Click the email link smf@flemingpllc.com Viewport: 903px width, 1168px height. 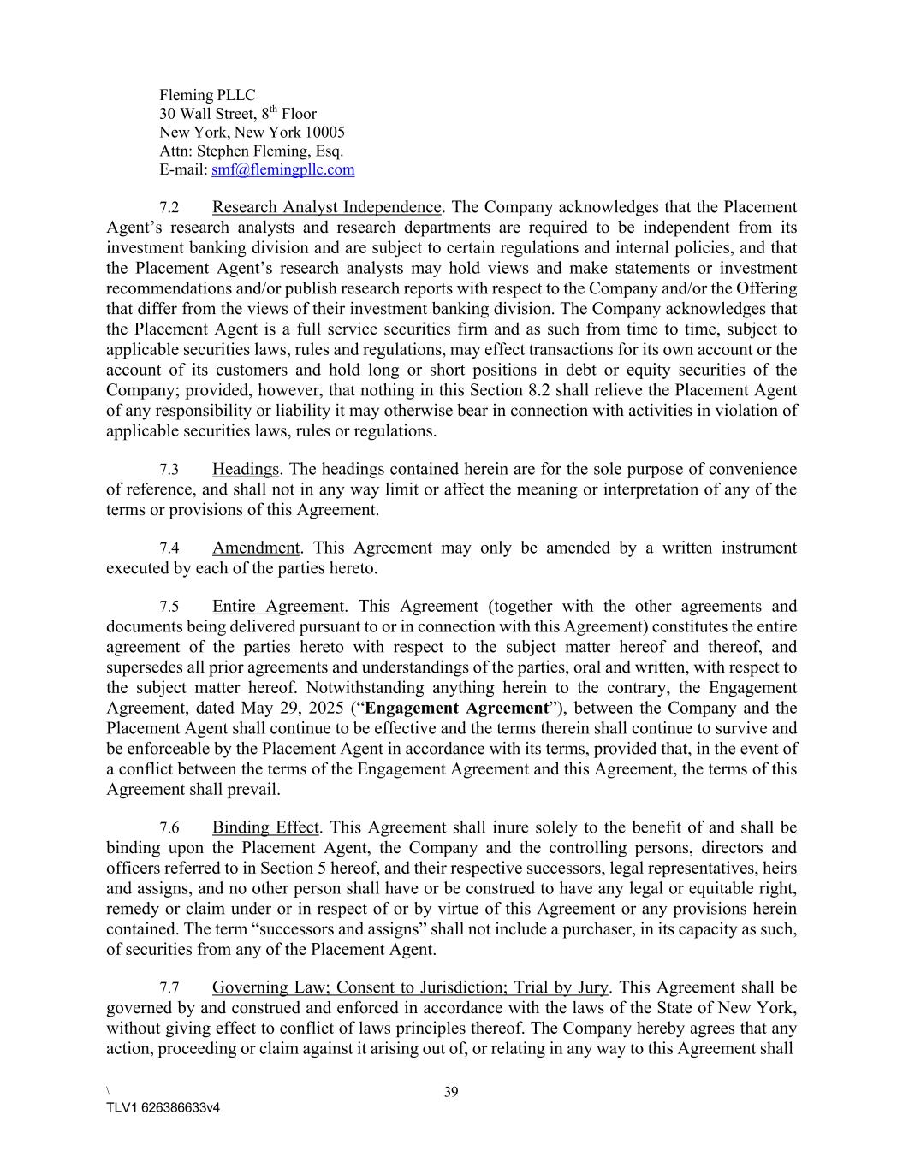point(282,170)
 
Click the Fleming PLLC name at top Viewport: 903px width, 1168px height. point(207,95)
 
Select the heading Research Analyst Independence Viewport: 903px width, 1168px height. point(327,208)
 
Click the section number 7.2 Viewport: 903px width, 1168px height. point(169,208)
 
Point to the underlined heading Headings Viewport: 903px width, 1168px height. point(246,470)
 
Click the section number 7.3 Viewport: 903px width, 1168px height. point(169,470)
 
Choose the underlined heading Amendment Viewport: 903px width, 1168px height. point(256,548)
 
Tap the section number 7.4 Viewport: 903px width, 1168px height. point(169,548)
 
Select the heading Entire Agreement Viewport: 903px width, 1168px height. point(278,607)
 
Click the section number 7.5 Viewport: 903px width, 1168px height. point(169,607)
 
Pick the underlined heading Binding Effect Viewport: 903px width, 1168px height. point(265,828)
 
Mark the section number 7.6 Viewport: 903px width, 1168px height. point(169,828)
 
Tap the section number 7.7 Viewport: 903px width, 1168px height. point(169,988)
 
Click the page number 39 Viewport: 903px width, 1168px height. point(451,1092)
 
